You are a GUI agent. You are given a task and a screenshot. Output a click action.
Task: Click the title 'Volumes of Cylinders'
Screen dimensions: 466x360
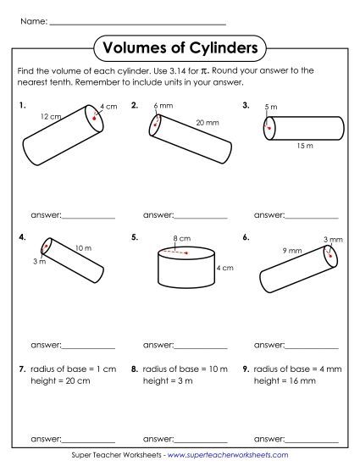[x=180, y=47]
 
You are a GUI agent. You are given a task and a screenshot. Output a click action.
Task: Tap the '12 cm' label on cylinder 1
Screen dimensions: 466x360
[x=50, y=115]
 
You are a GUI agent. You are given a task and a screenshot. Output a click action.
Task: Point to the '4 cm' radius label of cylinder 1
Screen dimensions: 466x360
[x=108, y=107]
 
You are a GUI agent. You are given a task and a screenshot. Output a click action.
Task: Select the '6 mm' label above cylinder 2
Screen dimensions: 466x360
[x=162, y=105]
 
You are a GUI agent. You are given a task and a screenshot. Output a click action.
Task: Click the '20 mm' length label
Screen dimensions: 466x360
[x=207, y=123]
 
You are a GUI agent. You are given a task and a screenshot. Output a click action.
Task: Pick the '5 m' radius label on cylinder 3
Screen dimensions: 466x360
[x=270, y=107]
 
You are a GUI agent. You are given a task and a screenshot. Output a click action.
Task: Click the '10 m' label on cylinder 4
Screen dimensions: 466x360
[x=83, y=247]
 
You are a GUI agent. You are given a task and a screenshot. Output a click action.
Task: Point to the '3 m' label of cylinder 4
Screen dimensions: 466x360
[x=39, y=262]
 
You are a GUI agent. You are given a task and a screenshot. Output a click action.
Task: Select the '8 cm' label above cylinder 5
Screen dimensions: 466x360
[x=180, y=239]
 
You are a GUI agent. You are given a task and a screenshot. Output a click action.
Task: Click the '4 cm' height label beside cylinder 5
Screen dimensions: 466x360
[x=224, y=269]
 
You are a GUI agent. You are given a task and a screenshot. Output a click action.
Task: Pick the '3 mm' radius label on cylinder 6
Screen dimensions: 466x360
[x=331, y=240]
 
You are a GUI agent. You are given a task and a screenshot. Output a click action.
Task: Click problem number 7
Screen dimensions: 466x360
[x=21, y=369]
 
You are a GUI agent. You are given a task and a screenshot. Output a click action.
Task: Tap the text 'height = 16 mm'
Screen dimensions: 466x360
[x=286, y=381]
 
